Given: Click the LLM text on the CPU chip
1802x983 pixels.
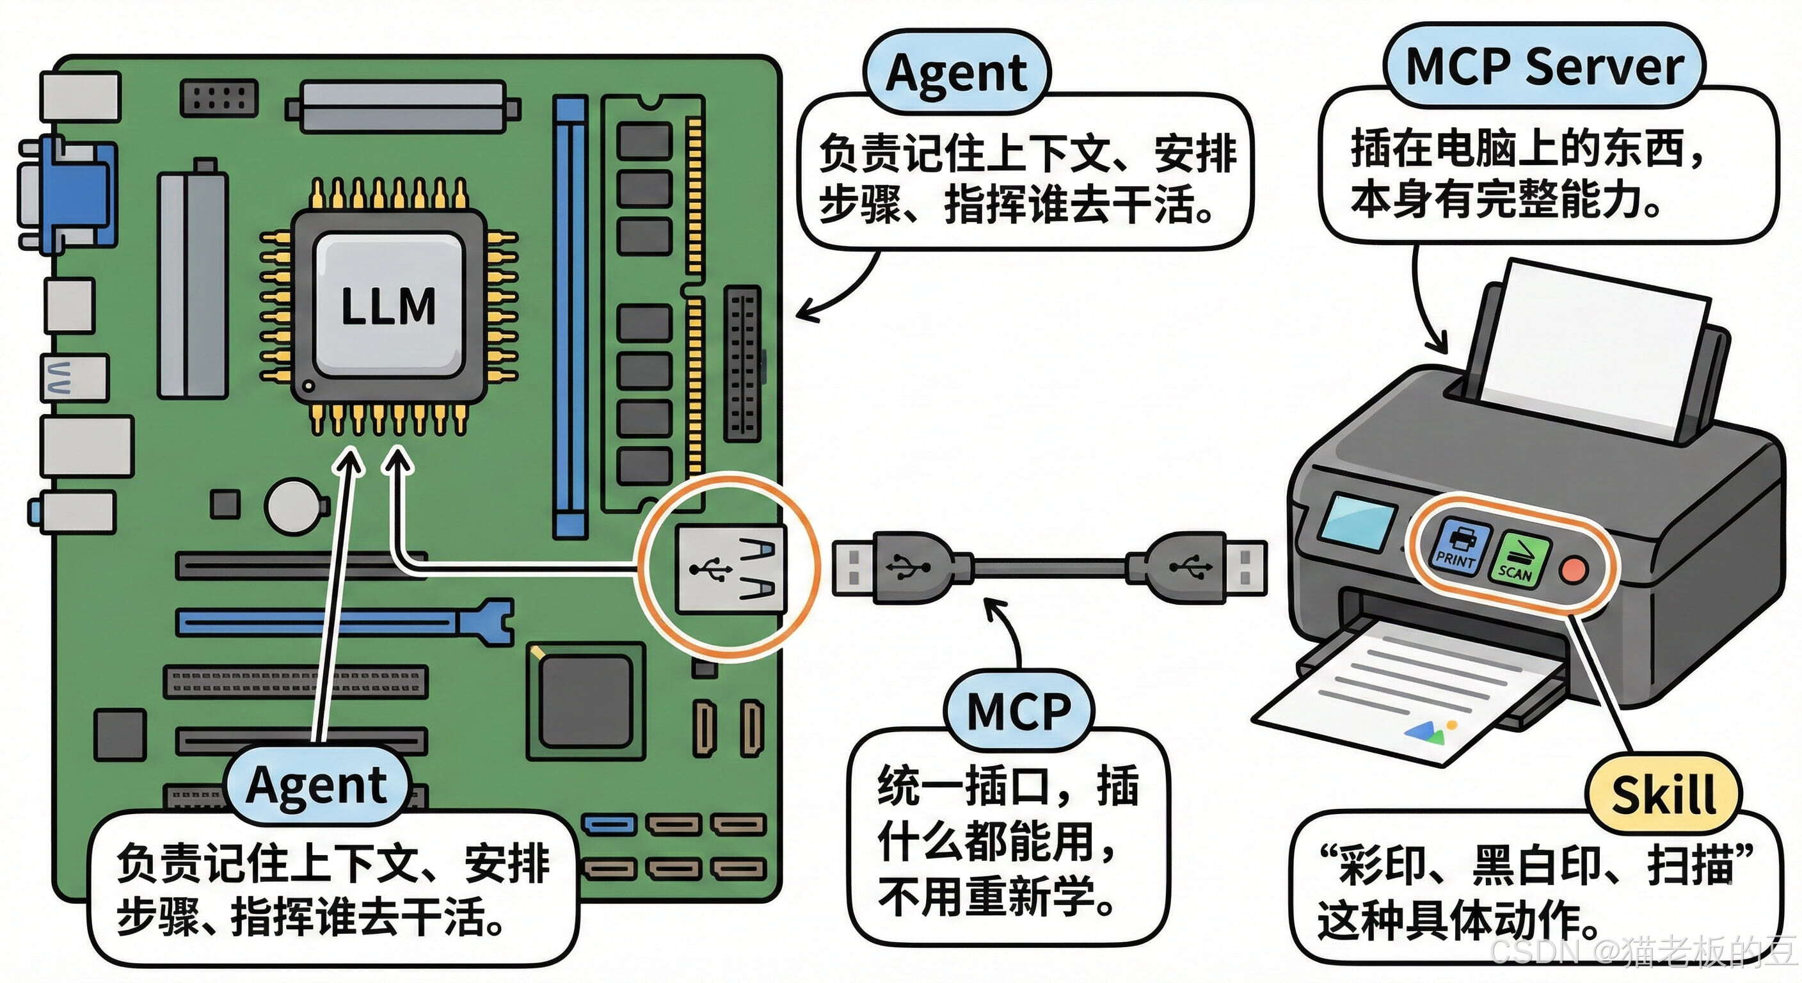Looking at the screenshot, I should click(x=388, y=307).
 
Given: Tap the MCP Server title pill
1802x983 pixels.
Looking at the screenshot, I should click(x=1544, y=67).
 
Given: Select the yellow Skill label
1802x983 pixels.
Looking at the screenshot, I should click(x=1662, y=795).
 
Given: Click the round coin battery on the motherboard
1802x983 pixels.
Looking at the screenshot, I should click(x=293, y=505).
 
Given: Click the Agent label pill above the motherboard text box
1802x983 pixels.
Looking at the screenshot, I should click(x=956, y=73).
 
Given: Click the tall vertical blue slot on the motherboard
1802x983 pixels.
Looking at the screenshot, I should click(x=570, y=315).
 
